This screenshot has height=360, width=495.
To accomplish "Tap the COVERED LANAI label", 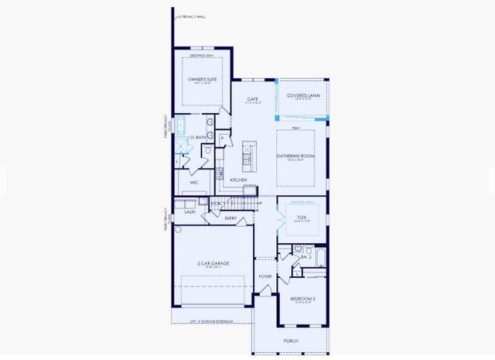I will click(x=303, y=96).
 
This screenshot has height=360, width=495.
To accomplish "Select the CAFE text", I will click(x=252, y=99).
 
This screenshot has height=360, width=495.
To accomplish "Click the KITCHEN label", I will click(x=238, y=180).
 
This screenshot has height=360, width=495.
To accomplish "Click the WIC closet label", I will click(x=195, y=183).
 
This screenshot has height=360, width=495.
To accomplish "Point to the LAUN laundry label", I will click(x=189, y=211).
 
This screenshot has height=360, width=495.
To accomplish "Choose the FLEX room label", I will click(x=302, y=218).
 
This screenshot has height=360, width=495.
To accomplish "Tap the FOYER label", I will click(x=265, y=276).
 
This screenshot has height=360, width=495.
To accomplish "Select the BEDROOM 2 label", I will click(x=302, y=299).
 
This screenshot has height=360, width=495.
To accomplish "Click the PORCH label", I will click(x=291, y=341).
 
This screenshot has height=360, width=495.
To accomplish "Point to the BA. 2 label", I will click(x=306, y=256).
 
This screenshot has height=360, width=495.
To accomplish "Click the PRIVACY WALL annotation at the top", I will click(x=191, y=15).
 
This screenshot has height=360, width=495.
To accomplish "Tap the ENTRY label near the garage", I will click(x=230, y=218).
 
